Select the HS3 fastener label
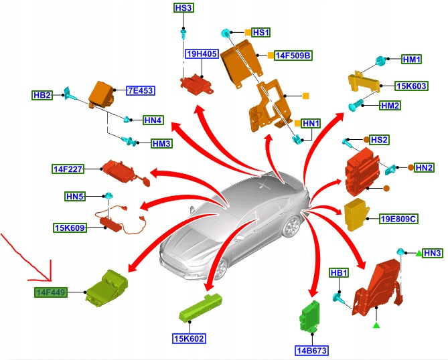click(183, 8)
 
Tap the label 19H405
click(201, 54)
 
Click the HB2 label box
click(42, 95)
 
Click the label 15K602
click(190, 338)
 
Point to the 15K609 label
click(70, 228)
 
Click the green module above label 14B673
click(311, 314)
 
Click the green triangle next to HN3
click(418, 253)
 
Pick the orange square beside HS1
click(247, 32)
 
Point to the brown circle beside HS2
click(366, 140)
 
